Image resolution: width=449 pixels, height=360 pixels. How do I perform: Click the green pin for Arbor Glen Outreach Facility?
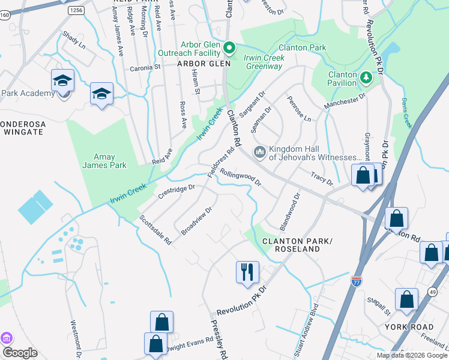pos(229,47)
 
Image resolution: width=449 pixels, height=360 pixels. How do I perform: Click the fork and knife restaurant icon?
pos(247,272)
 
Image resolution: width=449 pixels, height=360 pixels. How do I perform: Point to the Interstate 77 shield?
pos(357,280)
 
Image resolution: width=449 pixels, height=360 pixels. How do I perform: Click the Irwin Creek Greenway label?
pos(264,62)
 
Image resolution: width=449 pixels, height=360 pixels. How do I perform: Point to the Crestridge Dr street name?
pos(176,193)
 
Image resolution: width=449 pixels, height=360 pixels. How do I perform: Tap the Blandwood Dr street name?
pos(289,212)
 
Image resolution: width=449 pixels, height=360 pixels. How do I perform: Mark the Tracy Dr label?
pos(322,178)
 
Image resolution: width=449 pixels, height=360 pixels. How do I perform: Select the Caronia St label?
pos(146,68)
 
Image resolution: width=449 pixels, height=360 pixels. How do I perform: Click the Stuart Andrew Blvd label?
pos(304,340)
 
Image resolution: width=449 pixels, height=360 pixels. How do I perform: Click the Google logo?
pos(20,353)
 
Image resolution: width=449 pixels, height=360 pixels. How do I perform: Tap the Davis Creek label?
pos(406,113)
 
